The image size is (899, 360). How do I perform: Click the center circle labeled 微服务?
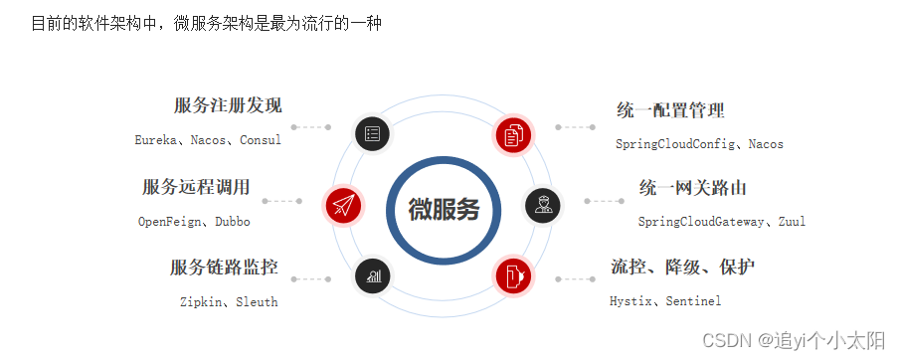[x=444, y=210]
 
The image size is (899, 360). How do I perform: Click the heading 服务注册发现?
[x=228, y=105]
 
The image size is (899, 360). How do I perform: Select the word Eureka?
[x=156, y=140]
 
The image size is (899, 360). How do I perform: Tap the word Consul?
[x=261, y=140]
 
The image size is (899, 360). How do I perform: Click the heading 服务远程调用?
[x=196, y=187]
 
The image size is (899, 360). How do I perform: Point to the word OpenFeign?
[x=169, y=222]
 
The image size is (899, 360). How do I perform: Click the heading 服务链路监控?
[x=224, y=267]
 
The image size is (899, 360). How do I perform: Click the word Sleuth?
[x=257, y=301]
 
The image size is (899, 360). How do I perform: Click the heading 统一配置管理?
[x=670, y=109]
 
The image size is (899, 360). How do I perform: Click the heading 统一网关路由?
[x=692, y=187]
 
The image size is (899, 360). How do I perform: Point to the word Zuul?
[x=792, y=222]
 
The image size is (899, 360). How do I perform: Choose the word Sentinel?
[x=693, y=300]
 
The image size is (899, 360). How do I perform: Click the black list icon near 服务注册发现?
[x=372, y=132]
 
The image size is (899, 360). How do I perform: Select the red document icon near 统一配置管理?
[x=514, y=133]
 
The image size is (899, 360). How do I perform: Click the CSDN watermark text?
[x=793, y=341]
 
